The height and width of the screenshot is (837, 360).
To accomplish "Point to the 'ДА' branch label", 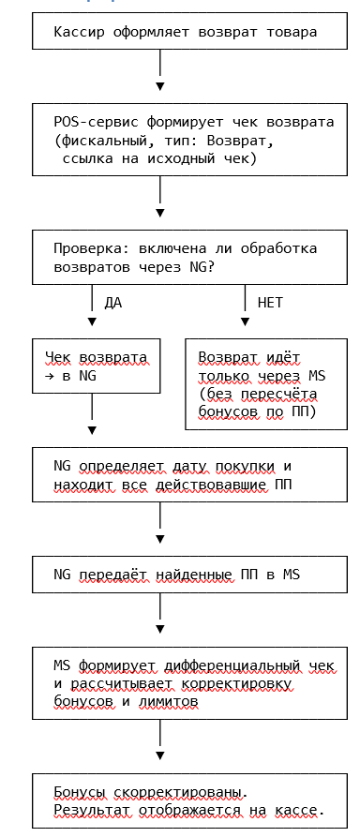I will (x=112, y=303).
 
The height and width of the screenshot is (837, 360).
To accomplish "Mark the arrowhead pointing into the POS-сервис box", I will (x=160, y=86).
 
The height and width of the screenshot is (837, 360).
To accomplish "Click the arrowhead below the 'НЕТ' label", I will (x=245, y=321).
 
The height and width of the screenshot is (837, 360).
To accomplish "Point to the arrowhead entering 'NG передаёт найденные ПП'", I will (x=160, y=539).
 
